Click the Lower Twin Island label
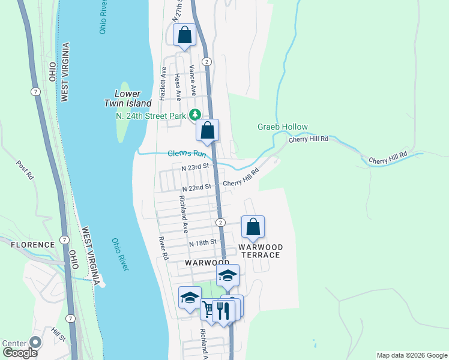127,98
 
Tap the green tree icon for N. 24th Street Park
194,115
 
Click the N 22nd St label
196,187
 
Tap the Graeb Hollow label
282,127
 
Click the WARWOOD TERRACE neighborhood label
259,251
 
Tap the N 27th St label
177,12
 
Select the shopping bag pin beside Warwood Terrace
253,227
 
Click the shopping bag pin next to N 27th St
184,35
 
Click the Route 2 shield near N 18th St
221,223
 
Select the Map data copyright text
411,355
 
